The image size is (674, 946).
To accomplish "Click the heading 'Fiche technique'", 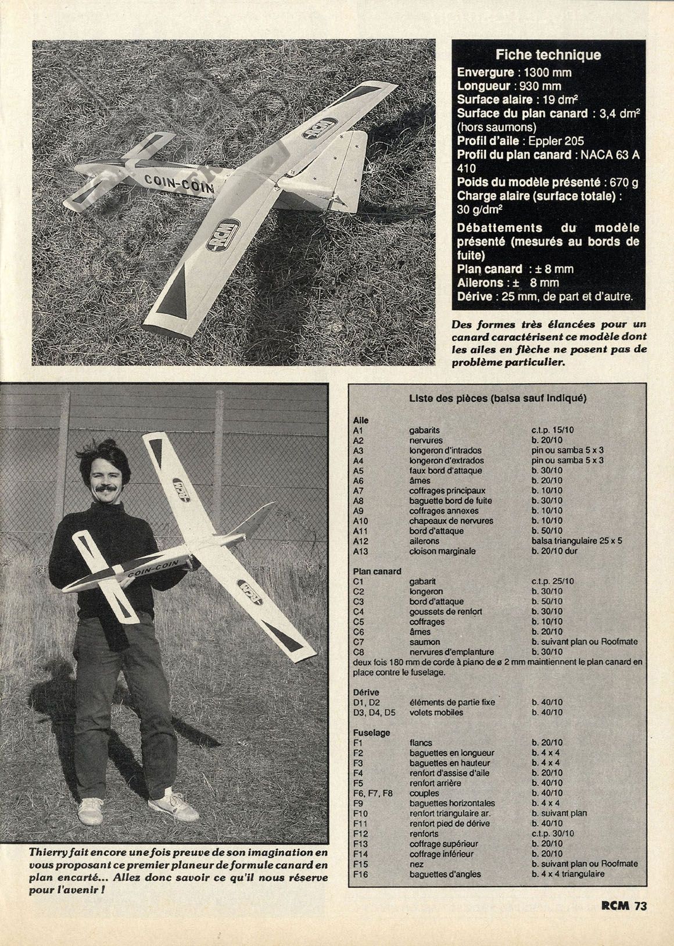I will (548, 55).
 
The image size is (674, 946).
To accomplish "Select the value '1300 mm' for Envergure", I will (547, 73).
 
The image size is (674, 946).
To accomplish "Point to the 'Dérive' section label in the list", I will (366, 692).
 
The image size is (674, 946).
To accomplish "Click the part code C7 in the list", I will (358, 642).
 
